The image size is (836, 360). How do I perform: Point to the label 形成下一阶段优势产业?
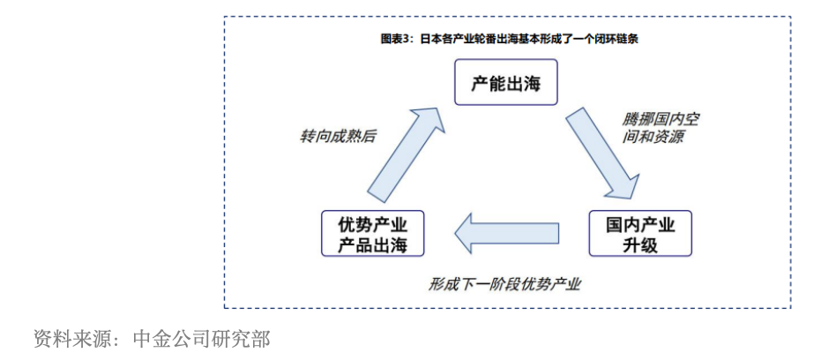505,284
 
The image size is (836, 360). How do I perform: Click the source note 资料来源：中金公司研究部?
151,338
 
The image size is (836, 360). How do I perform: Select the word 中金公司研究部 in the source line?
201,338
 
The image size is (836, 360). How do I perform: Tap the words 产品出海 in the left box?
372,245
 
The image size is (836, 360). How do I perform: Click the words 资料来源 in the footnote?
70,338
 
